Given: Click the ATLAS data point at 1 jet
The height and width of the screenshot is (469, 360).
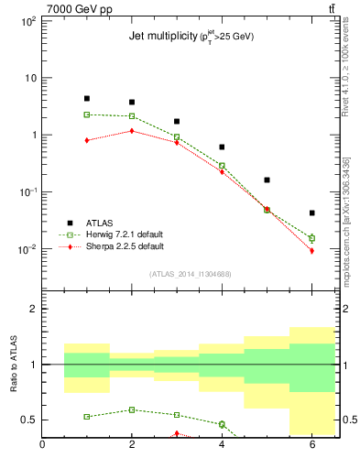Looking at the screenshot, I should click(x=87, y=98).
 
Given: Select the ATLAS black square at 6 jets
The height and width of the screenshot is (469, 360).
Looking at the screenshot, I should click(x=311, y=213).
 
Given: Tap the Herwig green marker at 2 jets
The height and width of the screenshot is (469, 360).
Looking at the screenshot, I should click(x=132, y=116).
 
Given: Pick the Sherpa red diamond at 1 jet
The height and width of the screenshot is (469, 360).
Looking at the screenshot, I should click(x=87, y=140).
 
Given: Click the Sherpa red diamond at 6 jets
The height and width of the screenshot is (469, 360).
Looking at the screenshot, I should click(x=311, y=251).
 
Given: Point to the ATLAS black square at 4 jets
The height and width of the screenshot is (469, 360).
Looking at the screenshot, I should click(x=222, y=147).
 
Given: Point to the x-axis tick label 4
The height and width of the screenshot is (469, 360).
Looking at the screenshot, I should click(x=222, y=446).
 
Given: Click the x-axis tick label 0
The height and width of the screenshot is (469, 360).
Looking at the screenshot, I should click(x=42, y=446).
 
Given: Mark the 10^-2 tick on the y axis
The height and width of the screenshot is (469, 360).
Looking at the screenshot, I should click(x=27, y=250).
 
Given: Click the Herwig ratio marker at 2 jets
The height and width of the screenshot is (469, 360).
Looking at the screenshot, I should click(x=132, y=409).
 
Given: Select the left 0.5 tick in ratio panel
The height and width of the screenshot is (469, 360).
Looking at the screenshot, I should click(x=30, y=420).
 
